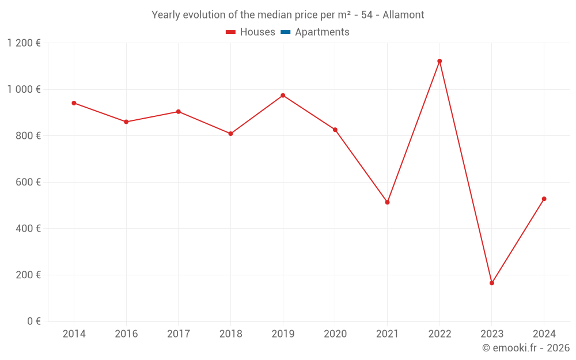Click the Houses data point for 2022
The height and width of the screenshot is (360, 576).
click(439, 61)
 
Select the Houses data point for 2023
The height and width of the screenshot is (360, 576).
click(492, 283)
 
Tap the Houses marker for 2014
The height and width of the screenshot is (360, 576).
click(74, 103)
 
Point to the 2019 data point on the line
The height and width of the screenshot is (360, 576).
click(283, 95)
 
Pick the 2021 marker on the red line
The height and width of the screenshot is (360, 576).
click(387, 202)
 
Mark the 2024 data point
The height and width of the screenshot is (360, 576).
click(544, 199)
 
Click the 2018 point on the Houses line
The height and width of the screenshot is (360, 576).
click(230, 134)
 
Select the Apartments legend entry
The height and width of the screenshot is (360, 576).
click(322, 32)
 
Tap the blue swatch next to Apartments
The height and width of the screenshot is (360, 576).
click(286, 32)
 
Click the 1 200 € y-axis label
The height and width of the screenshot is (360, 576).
click(24, 43)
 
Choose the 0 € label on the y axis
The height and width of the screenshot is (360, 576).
click(34, 321)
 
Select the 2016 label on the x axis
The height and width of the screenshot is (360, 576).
click(126, 334)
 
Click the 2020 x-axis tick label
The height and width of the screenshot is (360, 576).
click(335, 334)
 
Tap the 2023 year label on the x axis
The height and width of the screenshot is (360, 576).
click(492, 334)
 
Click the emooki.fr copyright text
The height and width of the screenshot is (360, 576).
click(526, 348)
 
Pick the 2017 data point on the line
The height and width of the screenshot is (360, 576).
click(179, 112)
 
